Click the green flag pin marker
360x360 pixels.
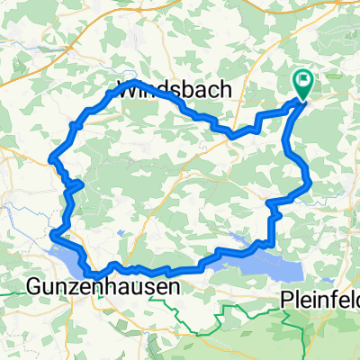click(302, 85)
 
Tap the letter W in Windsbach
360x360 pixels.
click(128, 90)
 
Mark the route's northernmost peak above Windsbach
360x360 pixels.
click(134, 83)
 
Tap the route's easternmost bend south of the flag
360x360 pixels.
click(310, 184)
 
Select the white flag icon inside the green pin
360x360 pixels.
click(302, 81)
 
